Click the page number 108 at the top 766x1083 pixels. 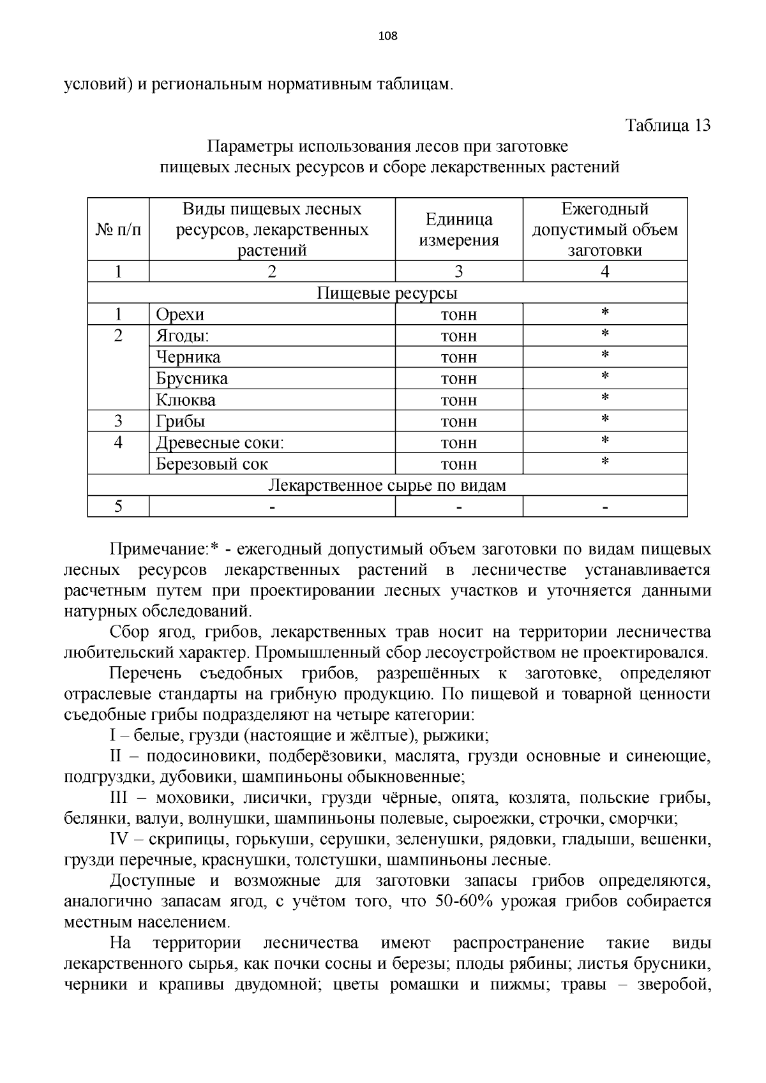(x=387, y=36)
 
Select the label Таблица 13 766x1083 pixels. (x=668, y=125)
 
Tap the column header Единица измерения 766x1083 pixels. (x=458, y=229)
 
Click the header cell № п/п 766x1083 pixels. (x=118, y=229)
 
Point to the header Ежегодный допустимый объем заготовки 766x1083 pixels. (x=605, y=229)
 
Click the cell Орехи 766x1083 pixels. (x=180, y=315)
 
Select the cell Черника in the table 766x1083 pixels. (x=188, y=357)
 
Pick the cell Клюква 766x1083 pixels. (x=186, y=400)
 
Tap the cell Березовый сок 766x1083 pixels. (x=212, y=464)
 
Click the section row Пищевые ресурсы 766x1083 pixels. (x=387, y=293)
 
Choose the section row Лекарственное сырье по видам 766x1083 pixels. (x=387, y=486)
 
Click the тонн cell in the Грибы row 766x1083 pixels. (x=458, y=422)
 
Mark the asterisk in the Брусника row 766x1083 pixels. (x=605, y=377)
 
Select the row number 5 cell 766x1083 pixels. (x=118, y=507)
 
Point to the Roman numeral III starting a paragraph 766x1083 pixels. (x=119, y=798)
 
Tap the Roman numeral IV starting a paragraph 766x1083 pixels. (x=121, y=840)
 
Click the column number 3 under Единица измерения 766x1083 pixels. (x=458, y=272)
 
